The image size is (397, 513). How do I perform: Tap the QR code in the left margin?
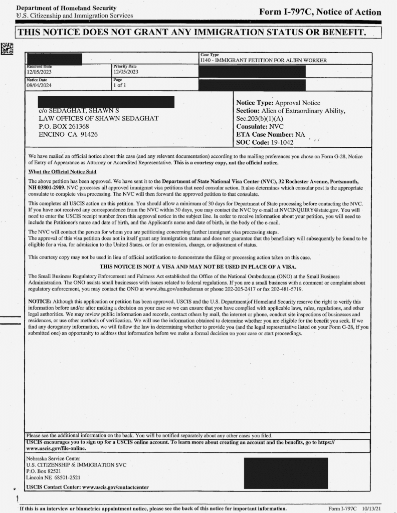(x=7, y=49)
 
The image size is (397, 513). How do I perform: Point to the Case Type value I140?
(x=263, y=60)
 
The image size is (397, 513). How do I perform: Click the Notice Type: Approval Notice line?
(x=278, y=103)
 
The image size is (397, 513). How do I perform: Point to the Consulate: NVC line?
(x=260, y=127)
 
